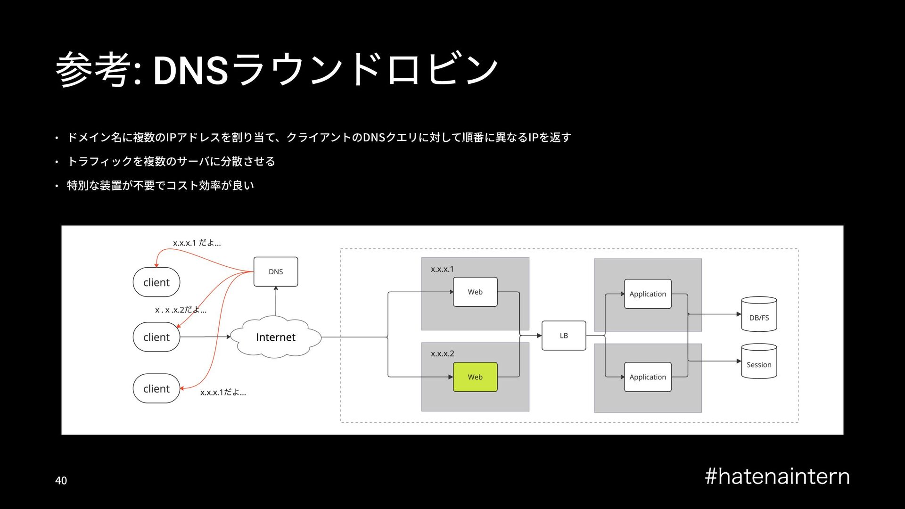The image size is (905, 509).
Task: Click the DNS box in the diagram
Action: (276, 271)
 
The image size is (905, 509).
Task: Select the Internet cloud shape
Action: (276, 337)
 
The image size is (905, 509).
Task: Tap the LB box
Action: (564, 336)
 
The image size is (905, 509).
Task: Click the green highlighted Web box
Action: (475, 377)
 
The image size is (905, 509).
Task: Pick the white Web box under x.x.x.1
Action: (475, 292)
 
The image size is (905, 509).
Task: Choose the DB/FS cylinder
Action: (759, 314)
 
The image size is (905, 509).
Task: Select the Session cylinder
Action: (759, 361)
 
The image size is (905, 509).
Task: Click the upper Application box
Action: (648, 294)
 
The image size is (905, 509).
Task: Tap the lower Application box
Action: (648, 377)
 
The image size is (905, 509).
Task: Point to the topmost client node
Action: (156, 282)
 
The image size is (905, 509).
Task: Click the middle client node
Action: (156, 337)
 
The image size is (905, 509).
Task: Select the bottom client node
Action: (156, 389)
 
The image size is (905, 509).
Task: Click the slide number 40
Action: (61, 481)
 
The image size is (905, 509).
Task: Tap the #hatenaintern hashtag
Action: (777, 476)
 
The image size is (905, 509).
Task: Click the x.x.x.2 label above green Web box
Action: (442, 353)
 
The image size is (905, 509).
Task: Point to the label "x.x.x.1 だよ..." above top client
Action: (197, 243)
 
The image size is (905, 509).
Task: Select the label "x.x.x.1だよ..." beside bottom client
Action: (223, 392)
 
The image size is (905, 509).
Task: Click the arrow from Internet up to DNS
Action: (276, 302)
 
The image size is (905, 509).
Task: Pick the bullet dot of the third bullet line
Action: (57, 186)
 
